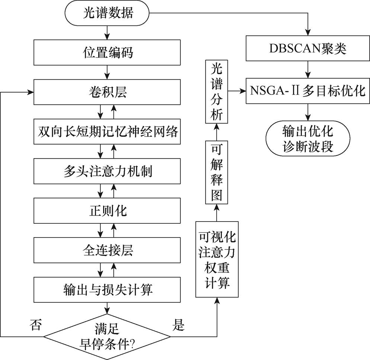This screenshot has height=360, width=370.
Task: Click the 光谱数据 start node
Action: coord(107,15)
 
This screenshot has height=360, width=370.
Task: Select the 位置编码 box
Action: coord(107,52)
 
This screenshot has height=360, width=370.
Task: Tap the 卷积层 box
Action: coord(107,92)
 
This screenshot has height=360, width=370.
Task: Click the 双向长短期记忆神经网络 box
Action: coord(107,131)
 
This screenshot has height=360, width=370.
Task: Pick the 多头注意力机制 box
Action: coord(107,171)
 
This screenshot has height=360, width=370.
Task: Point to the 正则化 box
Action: coord(107,211)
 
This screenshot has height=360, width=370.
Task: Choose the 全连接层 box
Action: coord(107,250)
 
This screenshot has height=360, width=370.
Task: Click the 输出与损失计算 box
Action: coord(107,290)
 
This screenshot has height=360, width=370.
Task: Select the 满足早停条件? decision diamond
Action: coord(107,337)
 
